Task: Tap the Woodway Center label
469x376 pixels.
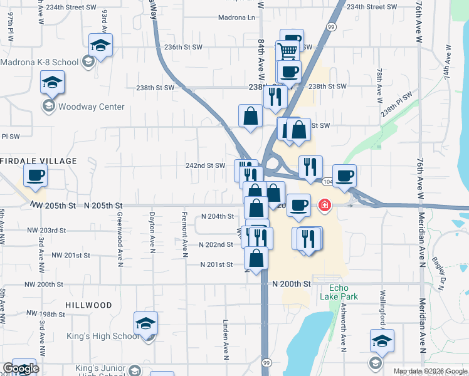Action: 92,107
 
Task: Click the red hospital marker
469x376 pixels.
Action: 325,204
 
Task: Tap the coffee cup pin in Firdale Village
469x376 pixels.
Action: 35,175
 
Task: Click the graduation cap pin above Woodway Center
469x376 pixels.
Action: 52,81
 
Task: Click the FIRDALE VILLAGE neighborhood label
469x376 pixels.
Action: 38,161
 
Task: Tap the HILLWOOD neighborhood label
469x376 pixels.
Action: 88,305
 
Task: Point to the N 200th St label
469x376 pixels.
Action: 292,284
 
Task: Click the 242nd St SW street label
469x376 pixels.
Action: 207,165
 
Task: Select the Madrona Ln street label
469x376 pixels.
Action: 237,18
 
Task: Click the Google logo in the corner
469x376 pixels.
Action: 20,368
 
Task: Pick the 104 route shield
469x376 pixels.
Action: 328,181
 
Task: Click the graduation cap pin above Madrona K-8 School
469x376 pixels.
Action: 100,45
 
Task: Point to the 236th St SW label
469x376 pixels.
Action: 183,47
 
